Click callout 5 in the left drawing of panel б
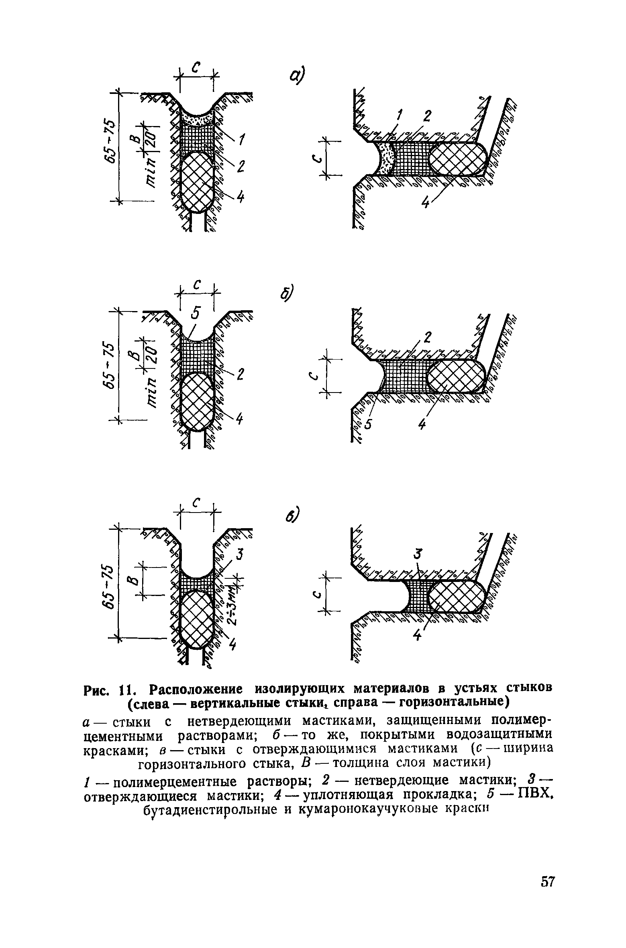(195, 312)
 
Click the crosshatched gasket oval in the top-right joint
(458, 159)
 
